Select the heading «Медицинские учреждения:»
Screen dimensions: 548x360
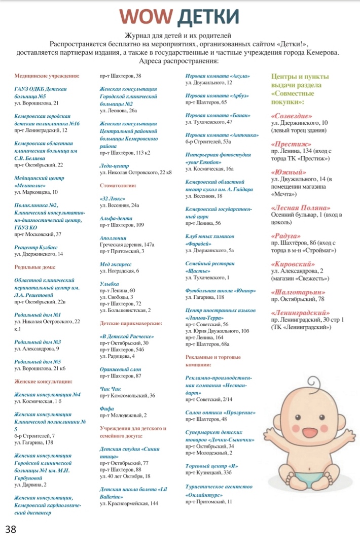click(47, 76)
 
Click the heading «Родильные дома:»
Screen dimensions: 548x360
click(35, 266)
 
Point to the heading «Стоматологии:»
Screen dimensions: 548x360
click(118, 186)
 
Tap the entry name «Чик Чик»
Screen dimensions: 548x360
click(111, 389)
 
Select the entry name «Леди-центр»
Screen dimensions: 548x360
click(115, 166)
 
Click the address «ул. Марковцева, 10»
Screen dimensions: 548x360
click(36, 192)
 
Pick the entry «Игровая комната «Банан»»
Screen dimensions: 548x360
click(218, 115)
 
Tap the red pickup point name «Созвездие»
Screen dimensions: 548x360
click(292, 116)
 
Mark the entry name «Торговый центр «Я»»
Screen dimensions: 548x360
click(212, 466)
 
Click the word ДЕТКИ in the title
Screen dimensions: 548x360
click(206, 17)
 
